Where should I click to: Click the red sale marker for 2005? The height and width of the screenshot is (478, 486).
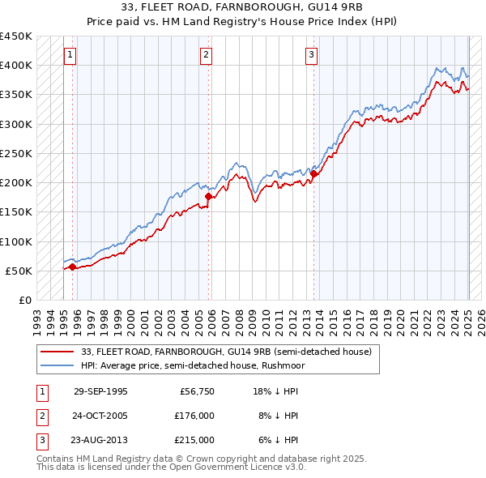pos(208,196)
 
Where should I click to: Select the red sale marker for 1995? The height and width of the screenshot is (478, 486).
pos(73,266)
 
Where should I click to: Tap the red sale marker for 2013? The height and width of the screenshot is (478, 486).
pos(313,173)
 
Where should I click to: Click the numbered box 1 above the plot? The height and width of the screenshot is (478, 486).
pos(70,55)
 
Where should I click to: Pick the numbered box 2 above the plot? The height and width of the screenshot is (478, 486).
pos(207,55)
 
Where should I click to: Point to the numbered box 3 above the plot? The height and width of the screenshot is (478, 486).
pos(312,55)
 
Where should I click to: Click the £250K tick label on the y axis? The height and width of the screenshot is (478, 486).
pos(16,153)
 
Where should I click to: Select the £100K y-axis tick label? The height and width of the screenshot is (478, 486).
pos(16,241)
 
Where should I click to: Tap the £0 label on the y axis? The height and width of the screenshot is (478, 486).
pos(25,300)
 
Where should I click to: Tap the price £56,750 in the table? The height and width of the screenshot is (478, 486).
pos(197,391)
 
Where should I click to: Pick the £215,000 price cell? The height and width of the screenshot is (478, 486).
pos(194,440)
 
